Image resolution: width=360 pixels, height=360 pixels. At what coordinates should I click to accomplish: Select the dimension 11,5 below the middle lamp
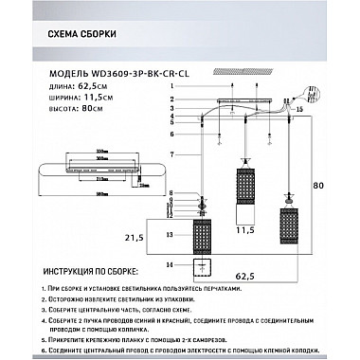tap(245, 230)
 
